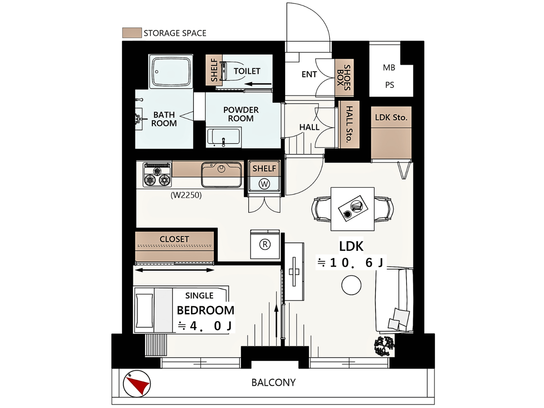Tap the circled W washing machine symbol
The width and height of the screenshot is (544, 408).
pos(264,184)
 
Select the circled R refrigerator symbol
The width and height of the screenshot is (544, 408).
pos(265,244)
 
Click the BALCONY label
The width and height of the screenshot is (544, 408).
pos(274,382)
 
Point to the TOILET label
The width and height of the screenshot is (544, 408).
pos(247,71)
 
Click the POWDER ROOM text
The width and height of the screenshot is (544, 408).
pos(241,114)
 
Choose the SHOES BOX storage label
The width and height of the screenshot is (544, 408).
pos(344,77)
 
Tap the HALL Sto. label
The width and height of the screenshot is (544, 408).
pos(349,124)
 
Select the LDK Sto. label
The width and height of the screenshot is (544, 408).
pos(391,117)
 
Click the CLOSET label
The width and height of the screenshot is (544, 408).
pos(174,239)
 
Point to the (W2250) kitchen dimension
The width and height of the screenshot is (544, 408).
pos(186,195)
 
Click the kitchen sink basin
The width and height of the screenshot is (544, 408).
pos(221,175)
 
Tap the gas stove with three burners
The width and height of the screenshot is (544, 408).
pos(157,175)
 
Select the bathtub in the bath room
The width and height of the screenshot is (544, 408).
pos(171,71)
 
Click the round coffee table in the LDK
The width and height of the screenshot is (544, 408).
pos(351,285)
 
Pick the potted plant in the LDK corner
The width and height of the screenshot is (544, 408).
pos(384,346)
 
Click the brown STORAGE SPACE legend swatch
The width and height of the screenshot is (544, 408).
pos(132,33)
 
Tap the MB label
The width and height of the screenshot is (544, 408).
pos(389,67)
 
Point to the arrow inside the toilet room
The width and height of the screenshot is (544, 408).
pos(258,84)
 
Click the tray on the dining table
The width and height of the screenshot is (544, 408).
pos(353,208)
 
